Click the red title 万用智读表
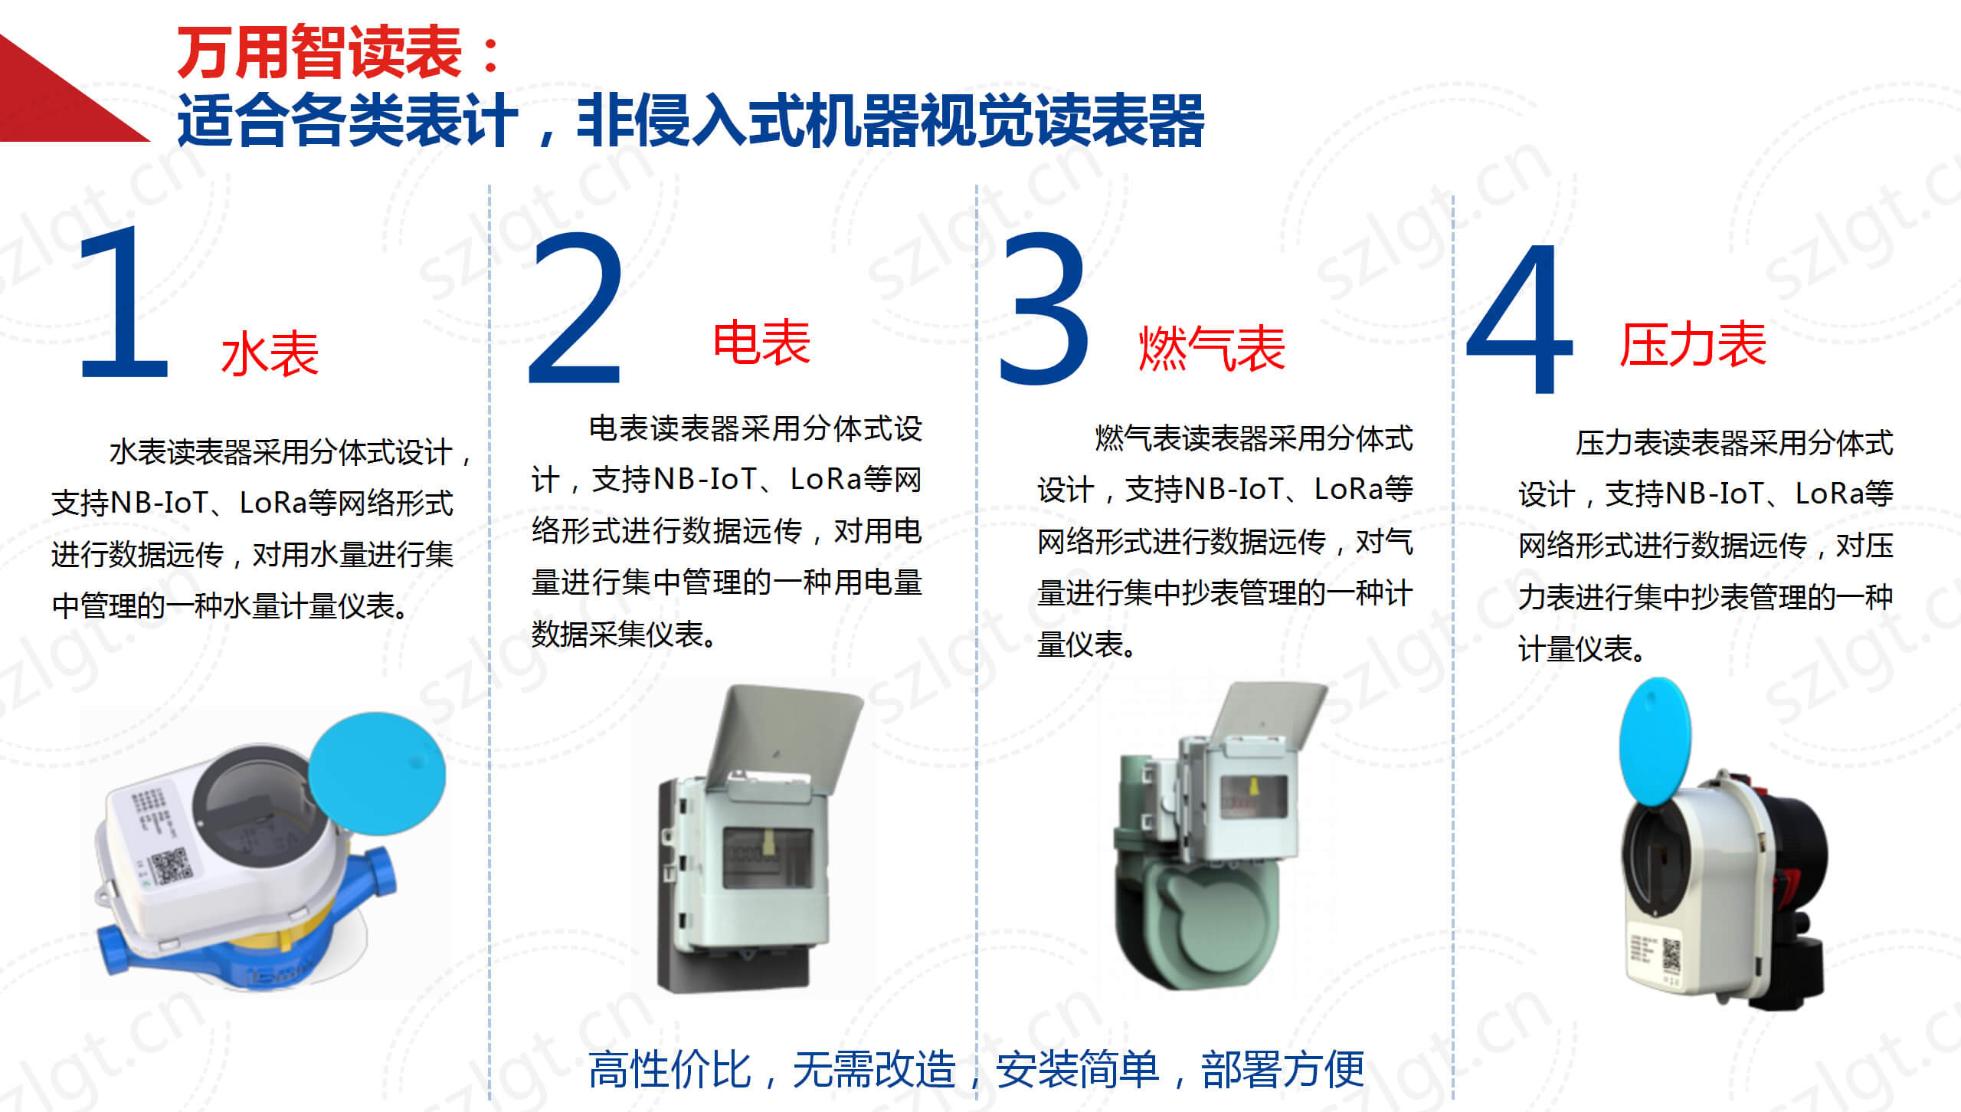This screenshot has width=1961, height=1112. coord(319,52)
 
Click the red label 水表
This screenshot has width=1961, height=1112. coord(270,354)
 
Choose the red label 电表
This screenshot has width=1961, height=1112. coord(761,343)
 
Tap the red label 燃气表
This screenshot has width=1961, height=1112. coord(1212,349)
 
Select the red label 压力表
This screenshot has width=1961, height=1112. coord(1693,344)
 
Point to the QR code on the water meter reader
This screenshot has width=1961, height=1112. coord(171,866)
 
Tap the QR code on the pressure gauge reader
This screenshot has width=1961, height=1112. coord(1671,955)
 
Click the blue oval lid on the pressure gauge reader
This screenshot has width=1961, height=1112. coord(1655,740)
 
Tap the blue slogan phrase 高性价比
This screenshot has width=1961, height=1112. coord(669,1069)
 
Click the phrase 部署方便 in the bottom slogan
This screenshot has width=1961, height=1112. coord(1283,1069)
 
